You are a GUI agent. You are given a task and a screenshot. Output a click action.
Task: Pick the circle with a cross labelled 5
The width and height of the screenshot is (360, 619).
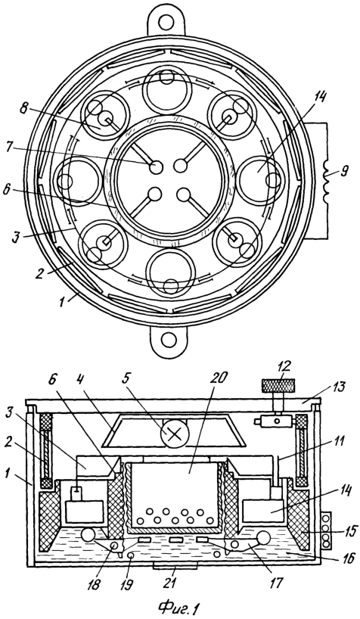pyautogui.click(x=173, y=434)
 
